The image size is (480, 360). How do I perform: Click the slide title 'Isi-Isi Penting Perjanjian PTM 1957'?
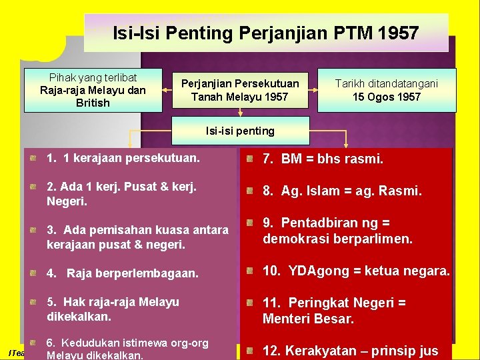click(x=265, y=32)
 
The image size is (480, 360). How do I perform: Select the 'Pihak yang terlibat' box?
click(x=93, y=89)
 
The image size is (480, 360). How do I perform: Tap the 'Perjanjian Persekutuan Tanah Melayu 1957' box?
click(x=240, y=89)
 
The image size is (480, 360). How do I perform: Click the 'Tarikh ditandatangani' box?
click(x=387, y=89)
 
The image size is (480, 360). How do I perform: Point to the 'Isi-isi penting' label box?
click(x=240, y=131)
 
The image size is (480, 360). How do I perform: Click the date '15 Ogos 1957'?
click(x=387, y=97)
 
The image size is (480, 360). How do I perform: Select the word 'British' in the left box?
click(x=93, y=103)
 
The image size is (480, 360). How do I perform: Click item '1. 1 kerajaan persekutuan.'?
click(x=123, y=159)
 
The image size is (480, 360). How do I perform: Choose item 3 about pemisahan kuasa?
click(x=137, y=237)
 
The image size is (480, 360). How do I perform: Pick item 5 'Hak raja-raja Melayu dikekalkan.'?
click(x=113, y=309)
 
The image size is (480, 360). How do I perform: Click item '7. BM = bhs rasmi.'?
click(x=323, y=159)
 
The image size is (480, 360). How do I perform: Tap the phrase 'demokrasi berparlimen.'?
click(x=338, y=239)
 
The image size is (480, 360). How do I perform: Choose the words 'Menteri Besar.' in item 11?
click(x=308, y=319)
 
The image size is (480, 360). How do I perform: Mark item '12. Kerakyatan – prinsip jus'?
click(x=350, y=351)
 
